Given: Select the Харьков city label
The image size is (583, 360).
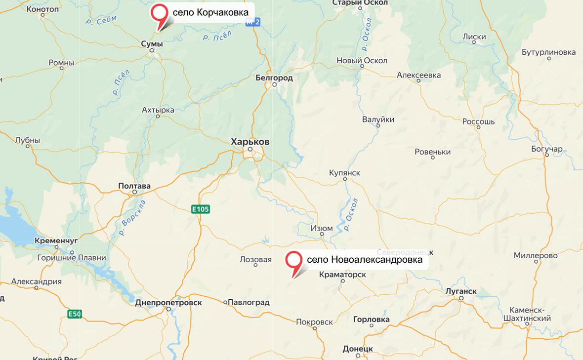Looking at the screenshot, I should coord(250,142).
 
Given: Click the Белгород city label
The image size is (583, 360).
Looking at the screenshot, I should coord(274,78).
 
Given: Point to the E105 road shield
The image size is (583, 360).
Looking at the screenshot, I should coord(201,209).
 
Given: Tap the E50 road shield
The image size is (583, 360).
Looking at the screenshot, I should coord(75,314).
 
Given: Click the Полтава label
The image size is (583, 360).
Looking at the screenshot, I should coord(134,186).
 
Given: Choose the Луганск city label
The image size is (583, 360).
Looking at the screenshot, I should coord(460,291).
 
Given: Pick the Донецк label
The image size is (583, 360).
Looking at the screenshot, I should coord(358,349).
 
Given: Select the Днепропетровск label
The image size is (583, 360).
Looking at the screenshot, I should coord(168,302).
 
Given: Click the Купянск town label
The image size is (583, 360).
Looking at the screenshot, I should coord(344,173).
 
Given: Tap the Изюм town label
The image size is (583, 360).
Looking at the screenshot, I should coord(322,229).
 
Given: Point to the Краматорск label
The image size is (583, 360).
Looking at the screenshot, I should coord(342,274).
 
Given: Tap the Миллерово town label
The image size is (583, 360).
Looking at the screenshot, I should coord(536,255).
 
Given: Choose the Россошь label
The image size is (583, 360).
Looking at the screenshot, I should coord(478,121).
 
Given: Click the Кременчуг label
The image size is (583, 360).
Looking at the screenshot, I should coord(57,240).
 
